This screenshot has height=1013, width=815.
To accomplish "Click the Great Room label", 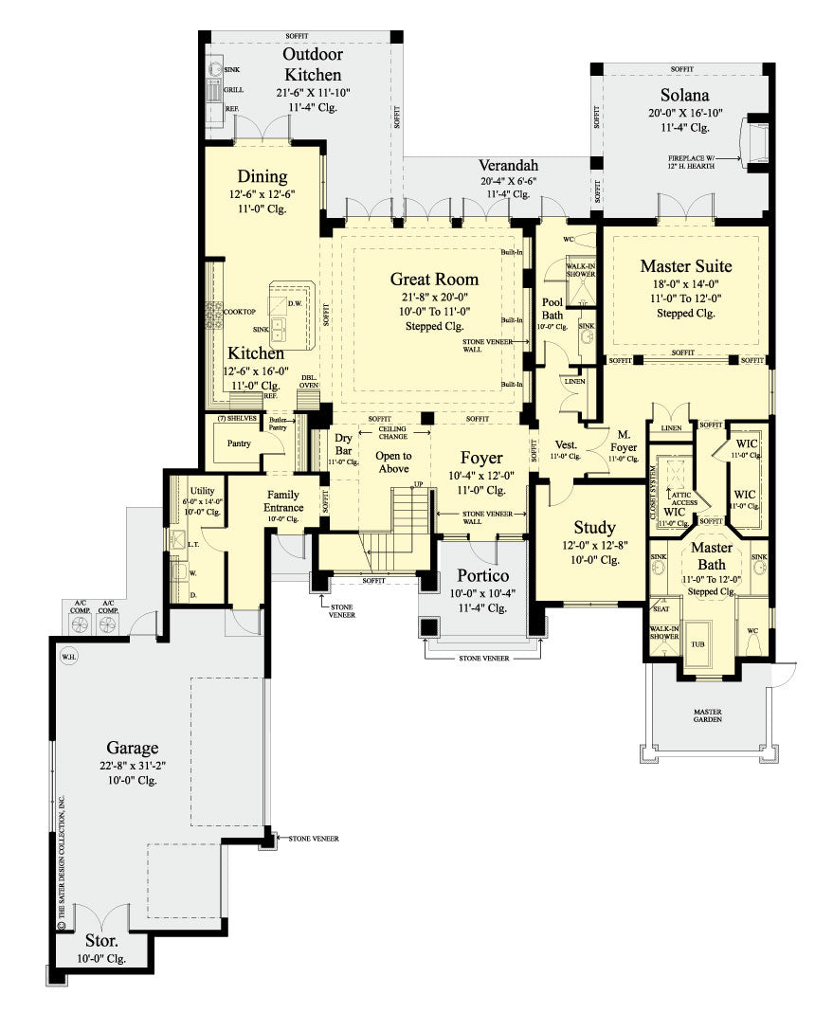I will click(x=434, y=279).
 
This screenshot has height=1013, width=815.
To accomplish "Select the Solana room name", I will click(x=685, y=96).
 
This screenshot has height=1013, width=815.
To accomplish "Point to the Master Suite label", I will click(x=685, y=266).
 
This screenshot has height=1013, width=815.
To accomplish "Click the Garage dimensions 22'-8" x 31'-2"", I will click(x=132, y=765).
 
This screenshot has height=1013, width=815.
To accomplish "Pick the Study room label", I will click(x=594, y=527).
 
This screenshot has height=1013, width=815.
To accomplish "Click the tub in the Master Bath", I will click(x=698, y=642).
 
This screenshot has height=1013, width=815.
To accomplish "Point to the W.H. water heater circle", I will click(x=68, y=656).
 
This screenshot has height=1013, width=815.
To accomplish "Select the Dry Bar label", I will click(x=344, y=444).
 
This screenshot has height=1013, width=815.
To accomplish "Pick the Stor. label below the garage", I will click(x=101, y=942).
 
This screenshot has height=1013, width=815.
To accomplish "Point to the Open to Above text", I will click(x=393, y=462).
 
